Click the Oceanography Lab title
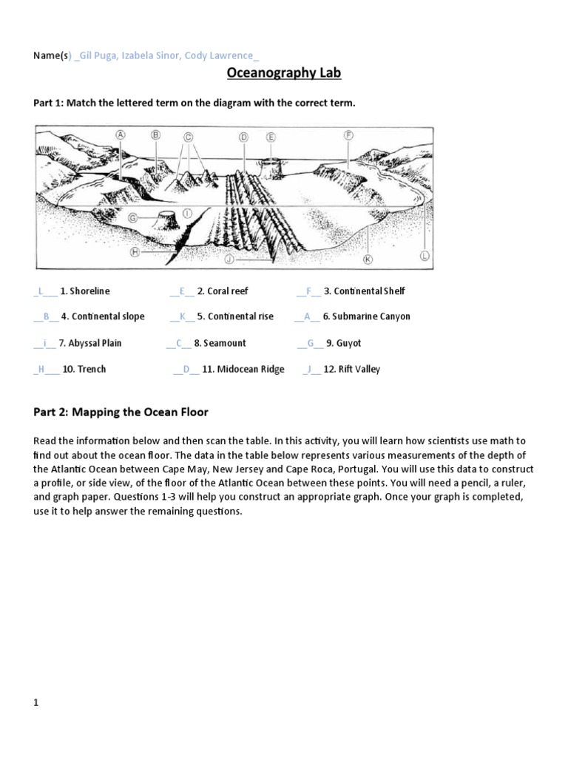(x=283, y=74)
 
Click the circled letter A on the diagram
(x=120, y=134)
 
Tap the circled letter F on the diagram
(x=348, y=135)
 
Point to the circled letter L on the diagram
(x=425, y=255)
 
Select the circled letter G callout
(x=132, y=217)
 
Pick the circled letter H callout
(x=135, y=251)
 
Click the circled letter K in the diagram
(x=368, y=259)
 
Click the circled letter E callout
(x=271, y=137)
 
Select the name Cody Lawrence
(x=223, y=55)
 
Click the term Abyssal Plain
(x=95, y=343)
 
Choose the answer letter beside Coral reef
(x=182, y=291)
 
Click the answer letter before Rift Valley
(x=311, y=369)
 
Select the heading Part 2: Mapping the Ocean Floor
(x=120, y=412)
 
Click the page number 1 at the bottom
(x=35, y=703)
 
